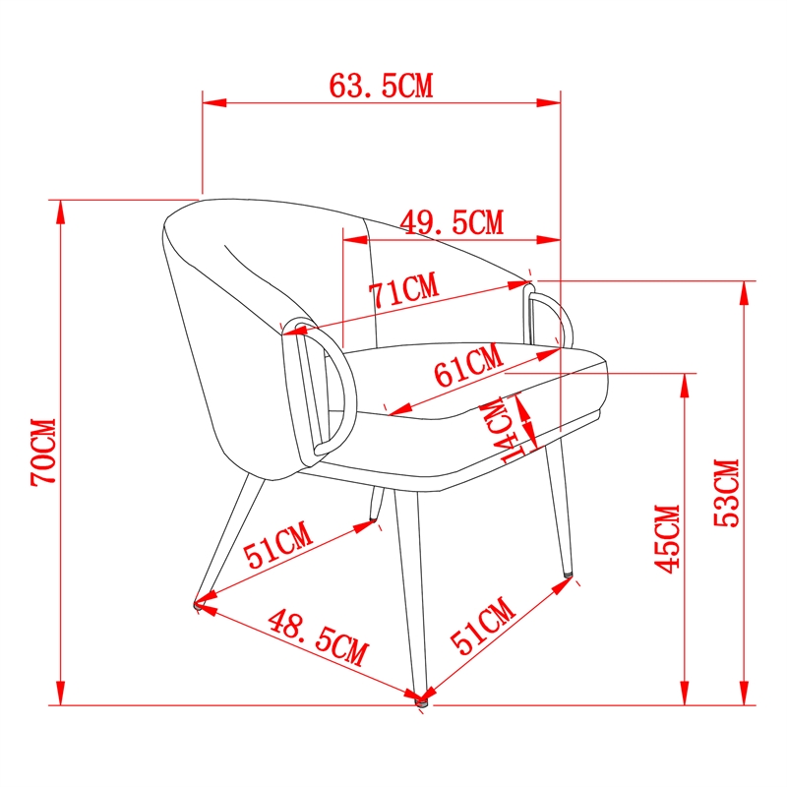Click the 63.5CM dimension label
(x=381, y=86)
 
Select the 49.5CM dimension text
(x=452, y=222)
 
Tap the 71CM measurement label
(x=404, y=290)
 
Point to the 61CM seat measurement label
(x=468, y=365)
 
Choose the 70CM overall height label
(x=43, y=452)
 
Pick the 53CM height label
(x=727, y=493)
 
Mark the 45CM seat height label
(x=667, y=538)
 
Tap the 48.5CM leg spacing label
(x=318, y=637)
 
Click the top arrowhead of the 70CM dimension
(x=61, y=212)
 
